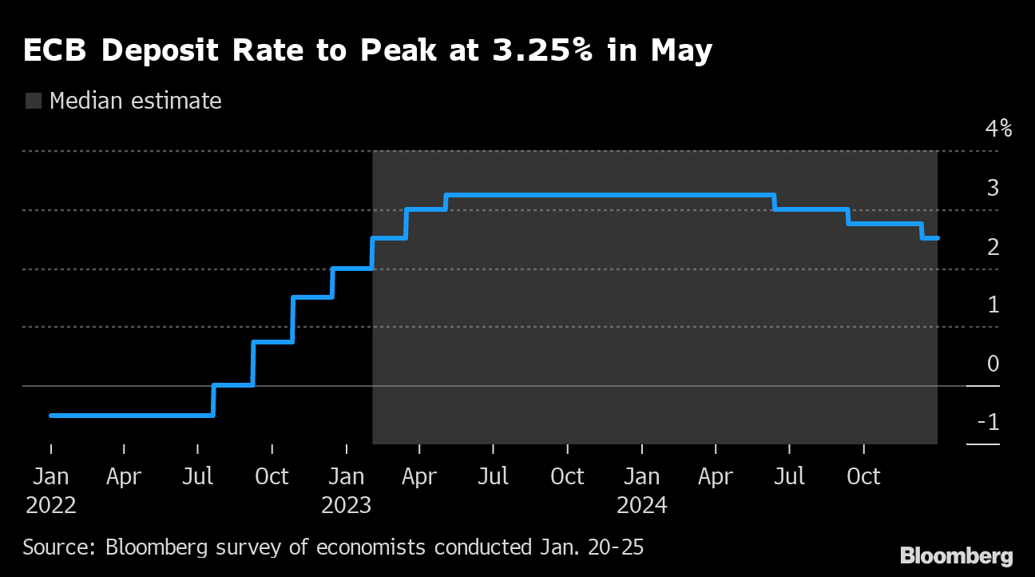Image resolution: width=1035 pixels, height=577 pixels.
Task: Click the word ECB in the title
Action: point(56,51)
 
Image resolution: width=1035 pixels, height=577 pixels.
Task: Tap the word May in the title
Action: point(681,51)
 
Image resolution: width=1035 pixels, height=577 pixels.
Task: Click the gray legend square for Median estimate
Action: point(34,101)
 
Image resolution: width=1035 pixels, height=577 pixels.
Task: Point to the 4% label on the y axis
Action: point(997,129)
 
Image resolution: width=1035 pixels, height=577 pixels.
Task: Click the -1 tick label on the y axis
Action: point(988,422)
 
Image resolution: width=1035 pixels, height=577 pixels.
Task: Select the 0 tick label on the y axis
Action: point(993,364)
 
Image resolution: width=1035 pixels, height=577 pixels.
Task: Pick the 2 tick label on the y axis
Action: point(993,247)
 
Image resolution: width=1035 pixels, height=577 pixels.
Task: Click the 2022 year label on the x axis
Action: point(51,506)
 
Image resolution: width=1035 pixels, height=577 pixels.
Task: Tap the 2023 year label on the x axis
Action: point(347,506)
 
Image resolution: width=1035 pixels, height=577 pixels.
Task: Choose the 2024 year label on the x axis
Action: point(642,506)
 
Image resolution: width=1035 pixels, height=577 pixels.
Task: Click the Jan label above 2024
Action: point(642,477)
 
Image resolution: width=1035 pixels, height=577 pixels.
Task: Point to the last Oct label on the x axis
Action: point(863,477)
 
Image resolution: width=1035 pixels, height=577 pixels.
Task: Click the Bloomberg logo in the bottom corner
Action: point(956,556)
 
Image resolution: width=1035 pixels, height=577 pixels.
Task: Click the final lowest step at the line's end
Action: point(930,238)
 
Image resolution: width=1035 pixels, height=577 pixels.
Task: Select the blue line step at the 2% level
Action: point(352,269)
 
